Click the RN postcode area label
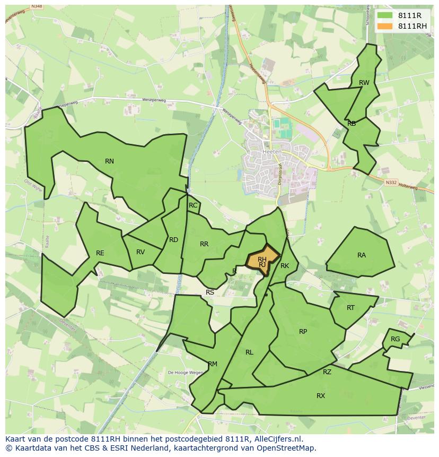tap(109, 161)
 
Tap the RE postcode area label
tap(100, 253)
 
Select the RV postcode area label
tap(141, 252)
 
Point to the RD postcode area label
tap(173, 240)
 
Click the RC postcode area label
tap(193, 205)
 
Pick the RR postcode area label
tap(204, 244)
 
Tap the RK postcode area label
tap(285, 266)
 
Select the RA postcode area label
tap(362, 255)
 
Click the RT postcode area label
tap(350, 308)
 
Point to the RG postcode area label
tap(395, 339)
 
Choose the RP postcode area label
tap(303, 332)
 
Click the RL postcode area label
tap(249, 352)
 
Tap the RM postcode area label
tap(213, 364)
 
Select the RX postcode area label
tap(321, 396)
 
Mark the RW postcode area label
tap(364, 83)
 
